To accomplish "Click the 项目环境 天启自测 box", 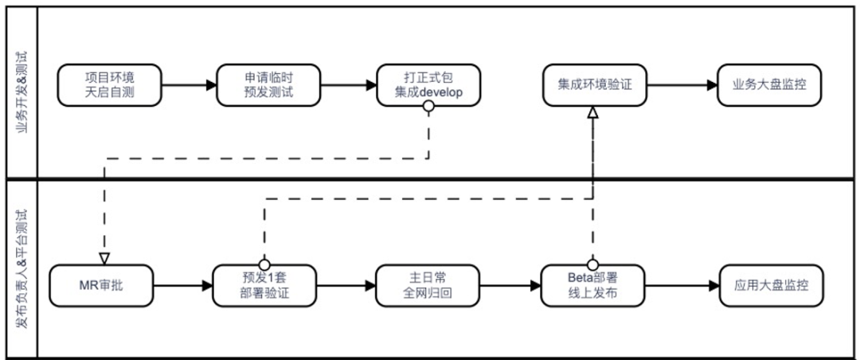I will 109,84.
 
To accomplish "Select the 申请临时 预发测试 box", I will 268,84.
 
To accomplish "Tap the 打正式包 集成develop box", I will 428,84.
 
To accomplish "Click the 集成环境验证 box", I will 592,84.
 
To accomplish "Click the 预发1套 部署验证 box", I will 264,285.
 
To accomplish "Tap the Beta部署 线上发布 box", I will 592,285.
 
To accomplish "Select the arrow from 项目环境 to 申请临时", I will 188,84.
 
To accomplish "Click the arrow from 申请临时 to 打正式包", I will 348,84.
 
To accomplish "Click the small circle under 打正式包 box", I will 428,107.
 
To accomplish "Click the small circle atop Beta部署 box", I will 592,264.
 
